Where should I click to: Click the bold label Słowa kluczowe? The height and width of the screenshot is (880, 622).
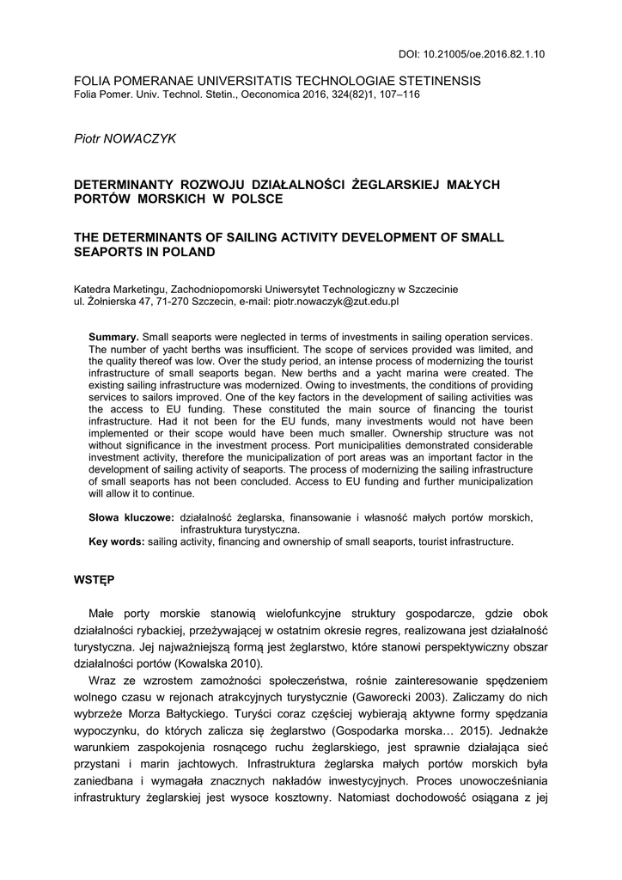[131, 517]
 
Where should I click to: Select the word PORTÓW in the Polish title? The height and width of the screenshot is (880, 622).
[104, 199]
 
